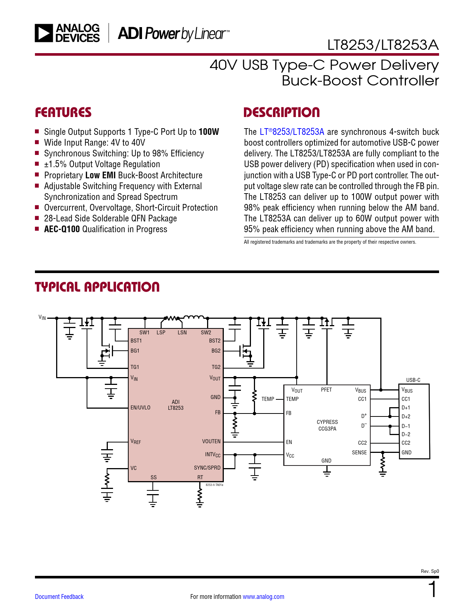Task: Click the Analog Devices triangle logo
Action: click(x=43, y=33)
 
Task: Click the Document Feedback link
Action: click(x=59, y=597)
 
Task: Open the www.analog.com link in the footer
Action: click(x=263, y=597)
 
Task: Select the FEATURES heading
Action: click(x=63, y=113)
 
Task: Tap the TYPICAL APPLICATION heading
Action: click(x=97, y=287)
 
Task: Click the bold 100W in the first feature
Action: click(x=209, y=132)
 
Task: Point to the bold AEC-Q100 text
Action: click(x=62, y=229)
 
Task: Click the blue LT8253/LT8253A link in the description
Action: click(x=292, y=132)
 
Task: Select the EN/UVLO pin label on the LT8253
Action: click(x=141, y=408)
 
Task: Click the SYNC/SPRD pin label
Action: click(x=207, y=468)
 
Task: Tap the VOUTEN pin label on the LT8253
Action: click(x=211, y=441)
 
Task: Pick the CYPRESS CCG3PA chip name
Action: click(x=327, y=425)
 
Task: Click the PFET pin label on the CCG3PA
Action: click(x=326, y=390)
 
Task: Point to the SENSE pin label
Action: click(x=359, y=453)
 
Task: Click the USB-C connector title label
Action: click(x=413, y=380)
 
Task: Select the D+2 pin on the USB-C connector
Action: click(x=406, y=417)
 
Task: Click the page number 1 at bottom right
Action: click(x=432, y=590)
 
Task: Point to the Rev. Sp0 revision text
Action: click(x=430, y=571)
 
